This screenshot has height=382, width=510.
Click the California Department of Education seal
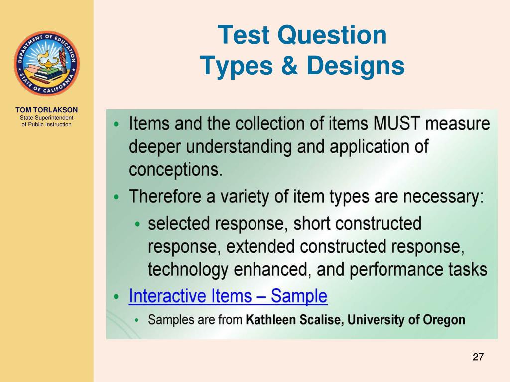click(x=46, y=63)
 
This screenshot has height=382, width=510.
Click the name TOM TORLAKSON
click(x=46, y=110)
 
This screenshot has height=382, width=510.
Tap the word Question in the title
click(x=332, y=36)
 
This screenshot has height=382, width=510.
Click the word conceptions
click(x=175, y=170)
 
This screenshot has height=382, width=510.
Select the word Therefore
click(x=165, y=197)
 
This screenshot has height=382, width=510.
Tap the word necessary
click(x=443, y=197)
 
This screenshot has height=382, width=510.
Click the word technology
click(x=188, y=270)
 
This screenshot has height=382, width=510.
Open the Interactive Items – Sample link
click(x=228, y=296)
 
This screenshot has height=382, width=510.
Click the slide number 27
click(x=478, y=357)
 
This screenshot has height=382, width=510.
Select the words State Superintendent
click(x=46, y=118)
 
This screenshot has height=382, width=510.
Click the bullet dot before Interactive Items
click(x=116, y=297)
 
